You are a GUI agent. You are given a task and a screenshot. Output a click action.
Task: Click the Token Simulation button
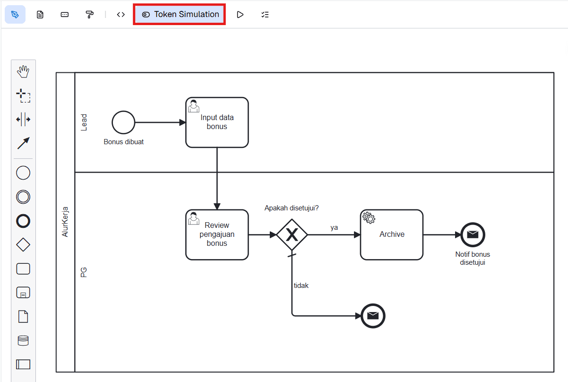(180, 14)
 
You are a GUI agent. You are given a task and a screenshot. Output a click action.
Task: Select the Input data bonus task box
(217, 122)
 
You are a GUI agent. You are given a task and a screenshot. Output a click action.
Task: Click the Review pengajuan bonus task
(217, 234)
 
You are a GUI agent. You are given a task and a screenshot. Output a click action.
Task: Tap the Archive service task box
(392, 234)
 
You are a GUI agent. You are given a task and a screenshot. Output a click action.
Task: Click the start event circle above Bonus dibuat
(123, 122)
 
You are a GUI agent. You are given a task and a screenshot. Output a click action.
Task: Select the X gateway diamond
(292, 234)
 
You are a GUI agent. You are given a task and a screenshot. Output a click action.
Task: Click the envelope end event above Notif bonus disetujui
(473, 234)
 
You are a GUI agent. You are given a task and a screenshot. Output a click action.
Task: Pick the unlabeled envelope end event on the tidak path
(373, 315)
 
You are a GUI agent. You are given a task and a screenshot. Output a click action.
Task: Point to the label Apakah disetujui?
(292, 208)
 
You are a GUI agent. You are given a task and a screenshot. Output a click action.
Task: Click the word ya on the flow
(334, 227)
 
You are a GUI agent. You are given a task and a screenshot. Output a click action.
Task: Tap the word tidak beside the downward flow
(301, 286)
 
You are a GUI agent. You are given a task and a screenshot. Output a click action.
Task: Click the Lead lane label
(84, 122)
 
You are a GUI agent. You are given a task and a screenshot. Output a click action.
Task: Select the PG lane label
(84, 272)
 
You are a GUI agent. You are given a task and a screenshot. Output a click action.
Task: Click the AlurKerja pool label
(66, 221)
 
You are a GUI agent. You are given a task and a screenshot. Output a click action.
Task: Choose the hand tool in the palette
(23, 72)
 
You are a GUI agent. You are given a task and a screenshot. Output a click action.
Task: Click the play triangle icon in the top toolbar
(240, 15)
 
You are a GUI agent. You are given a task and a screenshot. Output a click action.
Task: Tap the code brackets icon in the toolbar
(121, 15)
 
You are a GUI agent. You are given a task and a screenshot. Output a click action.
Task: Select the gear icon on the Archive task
(369, 217)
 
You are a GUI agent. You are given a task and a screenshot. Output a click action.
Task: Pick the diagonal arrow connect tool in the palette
(23, 143)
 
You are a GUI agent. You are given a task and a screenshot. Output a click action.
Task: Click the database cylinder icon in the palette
(23, 340)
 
